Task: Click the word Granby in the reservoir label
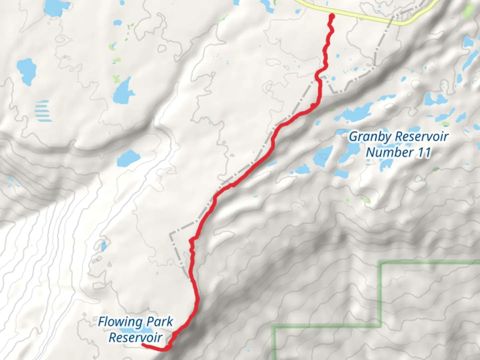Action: (x=365, y=137)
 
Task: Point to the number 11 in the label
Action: (x=423, y=152)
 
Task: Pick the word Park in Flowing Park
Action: (x=160, y=322)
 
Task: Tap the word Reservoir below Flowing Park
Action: (x=135, y=337)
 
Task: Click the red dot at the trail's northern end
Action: (x=332, y=16)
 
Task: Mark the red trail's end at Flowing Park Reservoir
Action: (x=143, y=345)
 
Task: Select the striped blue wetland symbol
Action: (x=43, y=111)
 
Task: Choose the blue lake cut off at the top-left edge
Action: (x=55, y=7)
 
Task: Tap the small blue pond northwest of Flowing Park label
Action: (x=103, y=246)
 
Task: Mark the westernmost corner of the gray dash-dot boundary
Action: (x=170, y=233)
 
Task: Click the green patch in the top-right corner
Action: (x=469, y=10)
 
